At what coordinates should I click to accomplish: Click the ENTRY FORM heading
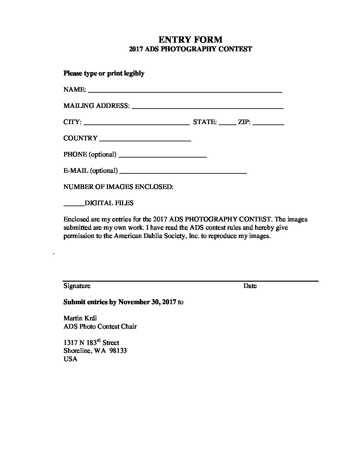tap(190, 40)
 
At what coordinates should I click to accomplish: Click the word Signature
tap(77, 286)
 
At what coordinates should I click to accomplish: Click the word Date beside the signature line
tap(250, 286)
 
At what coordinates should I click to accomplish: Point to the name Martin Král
tap(80, 318)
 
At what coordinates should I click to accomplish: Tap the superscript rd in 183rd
tap(98, 341)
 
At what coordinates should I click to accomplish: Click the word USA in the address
tap(70, 359)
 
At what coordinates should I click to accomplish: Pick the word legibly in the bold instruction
tap(134, 73)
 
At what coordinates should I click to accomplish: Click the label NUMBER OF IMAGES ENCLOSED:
tap(118, 187)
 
